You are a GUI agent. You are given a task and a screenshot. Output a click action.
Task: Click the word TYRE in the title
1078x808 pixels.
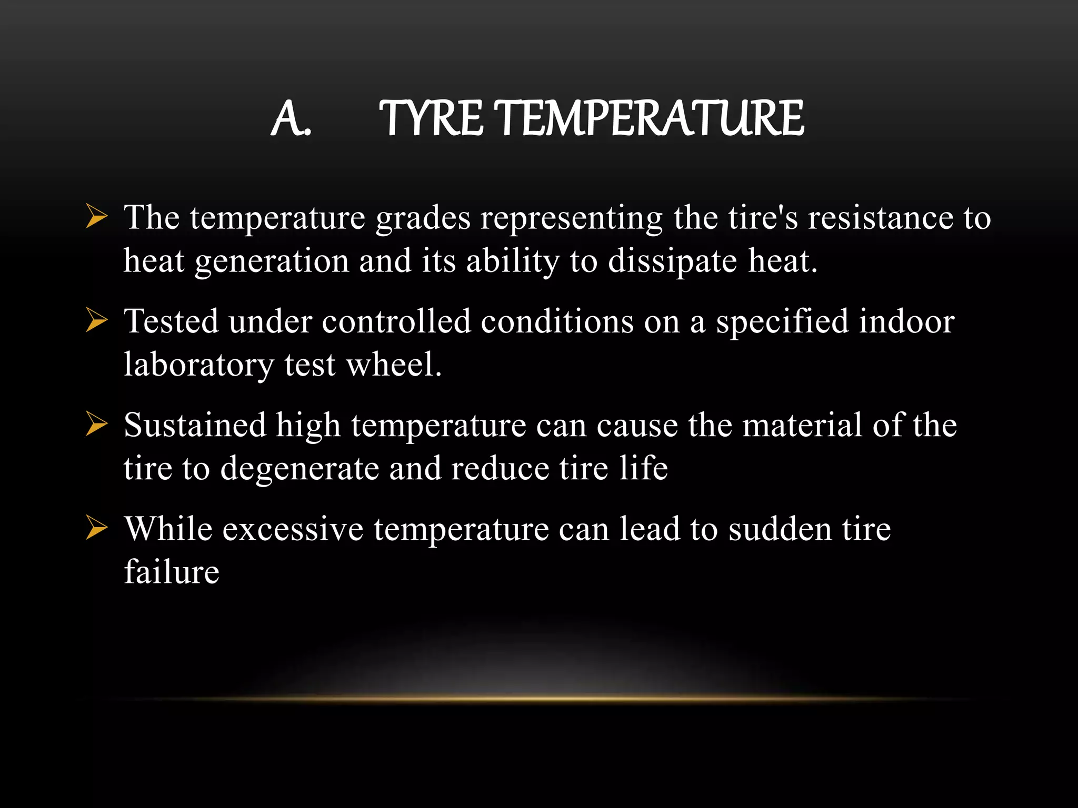pos(431,118)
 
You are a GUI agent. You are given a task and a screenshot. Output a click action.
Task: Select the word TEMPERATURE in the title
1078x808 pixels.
pos(651,118)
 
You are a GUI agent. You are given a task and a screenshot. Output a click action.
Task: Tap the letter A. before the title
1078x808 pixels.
pos(291,119)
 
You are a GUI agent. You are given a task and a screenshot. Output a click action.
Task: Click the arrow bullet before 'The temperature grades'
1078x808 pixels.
pos(96,217)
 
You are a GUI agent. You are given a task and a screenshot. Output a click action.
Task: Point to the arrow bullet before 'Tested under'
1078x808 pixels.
pos(96,321)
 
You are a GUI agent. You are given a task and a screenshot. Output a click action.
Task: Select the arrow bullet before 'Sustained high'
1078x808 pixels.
pos(96,425)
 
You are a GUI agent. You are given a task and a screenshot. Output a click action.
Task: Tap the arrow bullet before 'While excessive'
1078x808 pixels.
pos(96,528)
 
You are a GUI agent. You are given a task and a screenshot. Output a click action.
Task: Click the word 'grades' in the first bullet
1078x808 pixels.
pos(423,218)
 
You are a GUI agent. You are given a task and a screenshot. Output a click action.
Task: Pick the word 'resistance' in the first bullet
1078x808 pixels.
pos(881,217)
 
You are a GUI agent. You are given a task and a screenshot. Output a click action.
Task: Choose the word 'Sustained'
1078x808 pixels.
pos(195,425)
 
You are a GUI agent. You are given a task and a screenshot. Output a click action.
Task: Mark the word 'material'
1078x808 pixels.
pos(802,425)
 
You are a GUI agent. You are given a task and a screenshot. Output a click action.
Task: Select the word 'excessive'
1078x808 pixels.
pos(293,529)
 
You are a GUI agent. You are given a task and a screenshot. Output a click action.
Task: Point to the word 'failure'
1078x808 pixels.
pos(172,572)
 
